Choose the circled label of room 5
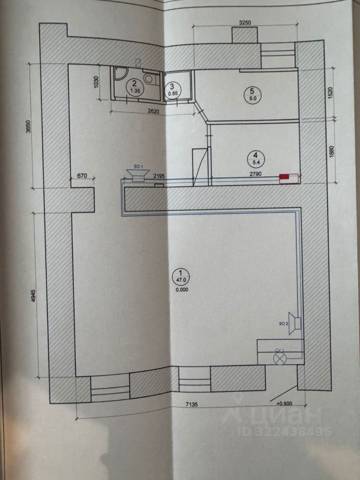252,94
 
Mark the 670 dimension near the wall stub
82,175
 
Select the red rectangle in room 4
285,176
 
